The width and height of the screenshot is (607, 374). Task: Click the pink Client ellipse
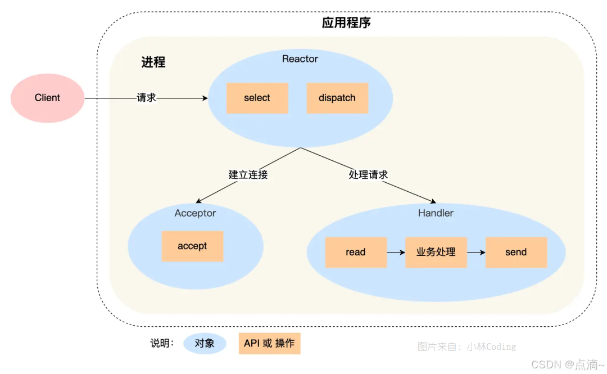[x=47, y=98]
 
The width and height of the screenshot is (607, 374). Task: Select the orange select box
[x=257, y=98]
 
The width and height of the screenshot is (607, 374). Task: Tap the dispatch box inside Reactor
[x=337, y=98]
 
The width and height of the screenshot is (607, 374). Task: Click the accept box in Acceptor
[x=192, y=246]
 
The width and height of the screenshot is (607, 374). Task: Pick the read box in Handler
[x=356, y=252]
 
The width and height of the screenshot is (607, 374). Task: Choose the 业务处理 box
[x=436, y=252]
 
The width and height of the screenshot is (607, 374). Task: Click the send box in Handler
[x=516, y=252]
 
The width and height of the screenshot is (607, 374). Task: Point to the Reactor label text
[x=300, y=59]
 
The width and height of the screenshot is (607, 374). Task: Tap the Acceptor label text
[x=195, y=213]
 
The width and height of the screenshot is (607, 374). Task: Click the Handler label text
[x=436, y=213]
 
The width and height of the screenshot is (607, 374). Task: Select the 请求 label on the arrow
[x=146, y=98]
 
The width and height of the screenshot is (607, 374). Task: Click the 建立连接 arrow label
[x=248, y=174]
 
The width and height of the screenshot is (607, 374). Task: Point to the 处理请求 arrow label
[x=368, y=174]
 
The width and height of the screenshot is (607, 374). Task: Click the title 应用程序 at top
[x=346, y=23]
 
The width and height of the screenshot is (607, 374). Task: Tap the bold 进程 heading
[x=153, y=62]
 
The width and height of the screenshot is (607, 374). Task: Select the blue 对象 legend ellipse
[x=205, y=343]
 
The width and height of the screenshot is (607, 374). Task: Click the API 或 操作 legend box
[x=269, y=343]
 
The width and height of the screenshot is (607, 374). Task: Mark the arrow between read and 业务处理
[x=396, y=252]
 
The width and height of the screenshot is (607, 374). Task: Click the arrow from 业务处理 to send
[x=476, y=252]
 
